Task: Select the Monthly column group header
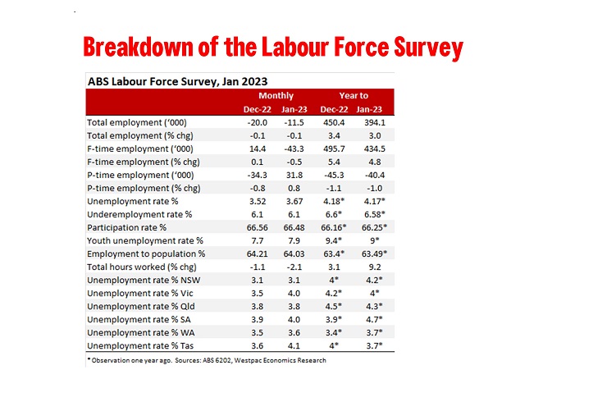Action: [x=276, y=96]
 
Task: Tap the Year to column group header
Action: [x=354, y=96]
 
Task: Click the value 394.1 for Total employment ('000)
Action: [x=372, y=122]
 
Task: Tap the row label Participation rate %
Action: [x=126, y=227]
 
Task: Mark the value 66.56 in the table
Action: [x=257, y=227]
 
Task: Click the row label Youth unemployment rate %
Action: [x=144, y=240]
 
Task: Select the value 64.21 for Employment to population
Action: [x=257, y=253]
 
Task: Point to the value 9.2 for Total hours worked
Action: [x=373, y=267]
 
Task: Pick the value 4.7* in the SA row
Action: [x=373, y=319]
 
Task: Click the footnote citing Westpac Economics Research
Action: [x=206, y=360]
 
